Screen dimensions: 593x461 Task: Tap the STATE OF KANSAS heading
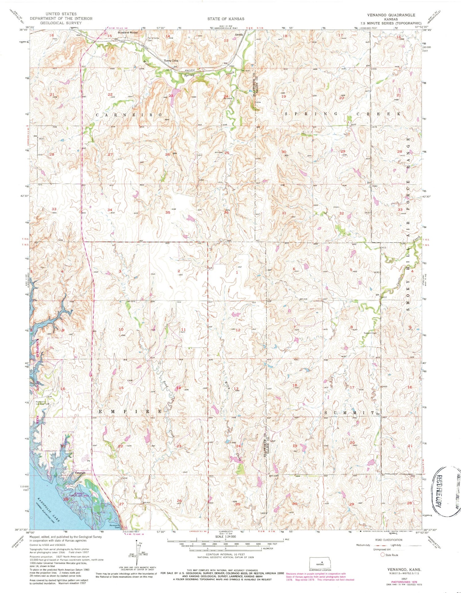tap(226, 19)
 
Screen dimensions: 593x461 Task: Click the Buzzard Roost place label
tap(127, 32)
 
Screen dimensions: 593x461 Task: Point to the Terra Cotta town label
tap(171, 61)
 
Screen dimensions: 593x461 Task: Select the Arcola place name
tap(239, 34)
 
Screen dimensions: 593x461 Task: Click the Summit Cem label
tap(370, 333)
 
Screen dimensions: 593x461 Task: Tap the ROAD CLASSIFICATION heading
tap(388, 540)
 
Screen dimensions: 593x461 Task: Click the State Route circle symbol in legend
tap(383, 555)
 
